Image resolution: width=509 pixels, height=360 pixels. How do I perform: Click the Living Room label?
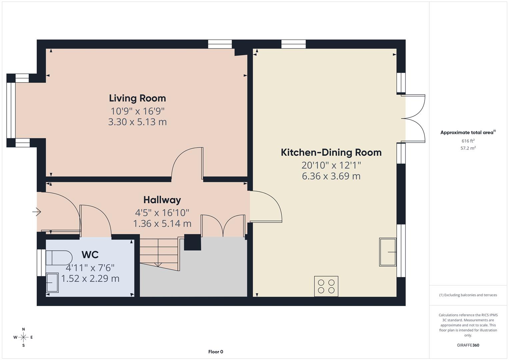137,98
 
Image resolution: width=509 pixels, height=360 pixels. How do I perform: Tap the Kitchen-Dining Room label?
331,152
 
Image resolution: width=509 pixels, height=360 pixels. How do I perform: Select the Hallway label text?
162,200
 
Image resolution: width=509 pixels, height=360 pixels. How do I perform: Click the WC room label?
90,255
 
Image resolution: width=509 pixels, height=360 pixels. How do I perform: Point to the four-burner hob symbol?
326,286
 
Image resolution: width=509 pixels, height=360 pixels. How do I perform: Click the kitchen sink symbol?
388,252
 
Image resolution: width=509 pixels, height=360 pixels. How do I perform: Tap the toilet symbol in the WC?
59,258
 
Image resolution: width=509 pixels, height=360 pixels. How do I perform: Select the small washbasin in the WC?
52,283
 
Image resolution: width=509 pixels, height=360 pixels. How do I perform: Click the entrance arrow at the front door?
36,212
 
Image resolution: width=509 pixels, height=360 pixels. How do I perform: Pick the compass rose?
23,337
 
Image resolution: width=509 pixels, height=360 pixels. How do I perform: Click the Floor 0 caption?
216,352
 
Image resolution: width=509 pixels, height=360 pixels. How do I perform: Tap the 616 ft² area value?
468,141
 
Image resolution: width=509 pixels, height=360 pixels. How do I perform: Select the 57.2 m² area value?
468,148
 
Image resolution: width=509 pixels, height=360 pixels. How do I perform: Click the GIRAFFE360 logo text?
468,345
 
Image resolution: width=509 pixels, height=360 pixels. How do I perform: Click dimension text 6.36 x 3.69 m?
331,176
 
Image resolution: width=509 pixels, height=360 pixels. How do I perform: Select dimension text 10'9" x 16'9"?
137,111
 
